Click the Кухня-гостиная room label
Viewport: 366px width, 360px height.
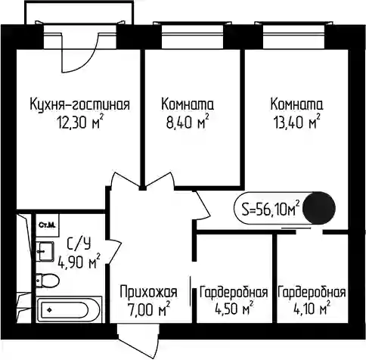80,104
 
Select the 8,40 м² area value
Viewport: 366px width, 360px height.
188,123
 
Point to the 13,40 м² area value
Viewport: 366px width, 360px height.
297,123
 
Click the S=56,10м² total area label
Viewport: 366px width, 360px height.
271,209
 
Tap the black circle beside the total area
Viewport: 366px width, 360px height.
319,208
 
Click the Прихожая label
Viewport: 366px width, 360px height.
149,293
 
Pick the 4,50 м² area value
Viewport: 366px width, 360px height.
234,309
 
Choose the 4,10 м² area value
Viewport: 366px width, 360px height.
312,309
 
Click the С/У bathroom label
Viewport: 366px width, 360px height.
79,244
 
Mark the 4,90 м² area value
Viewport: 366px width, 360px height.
79,261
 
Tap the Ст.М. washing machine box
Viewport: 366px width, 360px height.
47,225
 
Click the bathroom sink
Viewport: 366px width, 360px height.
45,251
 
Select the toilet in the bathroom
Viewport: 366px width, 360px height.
48,280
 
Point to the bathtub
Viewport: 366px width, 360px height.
69,309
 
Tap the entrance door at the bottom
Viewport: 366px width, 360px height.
138,342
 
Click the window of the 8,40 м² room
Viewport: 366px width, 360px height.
193,36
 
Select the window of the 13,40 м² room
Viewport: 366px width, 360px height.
293,36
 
